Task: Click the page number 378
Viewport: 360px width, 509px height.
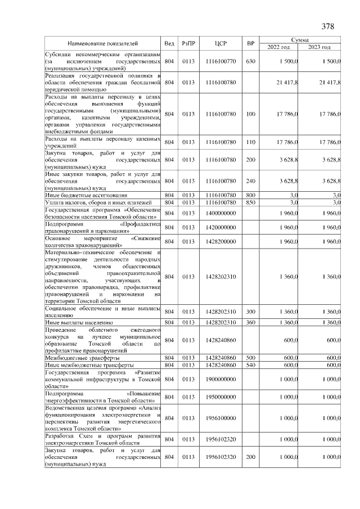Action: pos(328,26)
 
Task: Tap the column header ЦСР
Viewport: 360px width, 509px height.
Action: pos(220,43)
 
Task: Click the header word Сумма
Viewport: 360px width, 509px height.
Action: pos(300,40)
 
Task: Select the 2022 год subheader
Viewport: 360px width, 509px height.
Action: pos(279,47)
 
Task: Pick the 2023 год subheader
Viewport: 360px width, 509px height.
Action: pos(319,47)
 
